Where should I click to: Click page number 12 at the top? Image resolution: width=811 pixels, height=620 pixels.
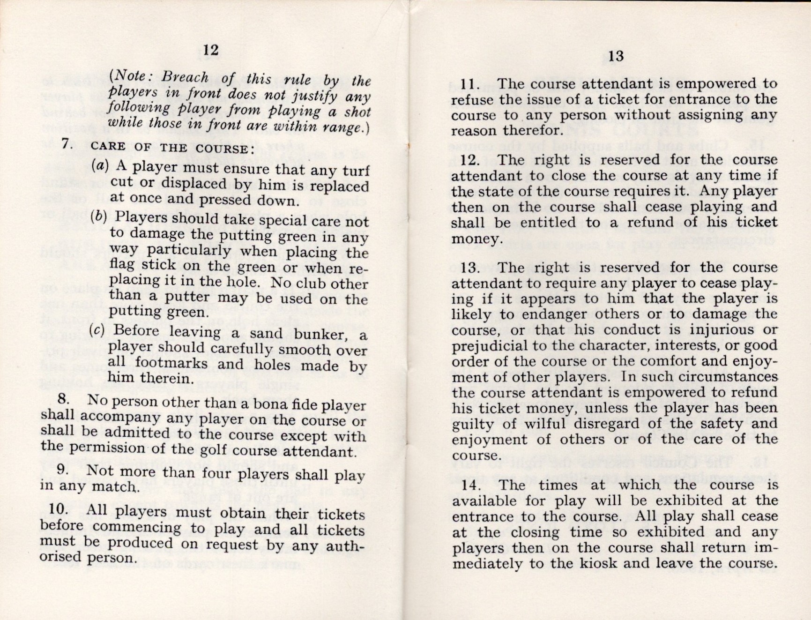[x=211, y=50]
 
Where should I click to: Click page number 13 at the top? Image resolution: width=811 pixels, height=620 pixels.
[x=616, y=56]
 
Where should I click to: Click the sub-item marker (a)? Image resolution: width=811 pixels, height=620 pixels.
[x=100, y=165]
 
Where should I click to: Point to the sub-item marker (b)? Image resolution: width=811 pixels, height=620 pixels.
[x=99, y=216]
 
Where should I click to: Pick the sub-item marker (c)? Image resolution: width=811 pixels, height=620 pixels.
[x=97, y=330]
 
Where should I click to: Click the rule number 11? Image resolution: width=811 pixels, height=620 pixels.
[x=469, y=84]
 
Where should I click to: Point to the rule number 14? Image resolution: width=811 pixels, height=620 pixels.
[x=471, y=485]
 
